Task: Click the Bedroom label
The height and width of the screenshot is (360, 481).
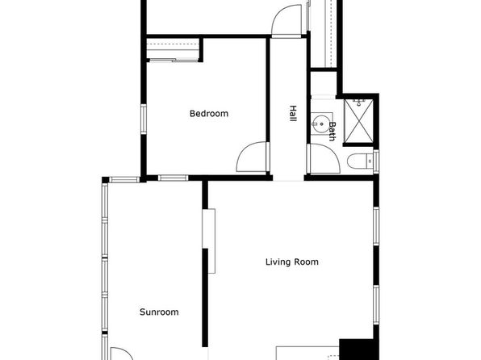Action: tap(209, 114)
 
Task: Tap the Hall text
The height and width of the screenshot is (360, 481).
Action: tap(293, 113)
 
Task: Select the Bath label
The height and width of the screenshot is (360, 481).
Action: tap(332, 131)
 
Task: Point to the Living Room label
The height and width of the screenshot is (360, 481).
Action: tap(291, 262)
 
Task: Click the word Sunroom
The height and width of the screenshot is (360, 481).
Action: tap(159, 312)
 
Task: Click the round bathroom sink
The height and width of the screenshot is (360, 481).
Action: tap(321, 123)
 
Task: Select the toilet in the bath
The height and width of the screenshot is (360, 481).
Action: tap(360, 161)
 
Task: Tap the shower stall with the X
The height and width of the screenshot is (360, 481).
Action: tap(358, 121)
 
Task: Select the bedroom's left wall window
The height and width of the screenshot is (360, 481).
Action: tap(144, 119)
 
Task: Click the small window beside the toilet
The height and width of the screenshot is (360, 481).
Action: tap(376, 161)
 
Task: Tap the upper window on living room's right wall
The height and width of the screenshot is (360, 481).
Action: tap(376, 226)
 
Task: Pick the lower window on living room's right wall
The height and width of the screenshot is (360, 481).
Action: tap(376, 304)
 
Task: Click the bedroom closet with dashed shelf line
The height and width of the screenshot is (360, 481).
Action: tap(173, 48)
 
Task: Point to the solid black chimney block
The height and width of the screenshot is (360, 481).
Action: tap(358, 350)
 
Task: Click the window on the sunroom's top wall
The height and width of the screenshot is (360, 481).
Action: tap(124, 179)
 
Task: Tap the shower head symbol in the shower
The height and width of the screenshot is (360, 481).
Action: tap(358, 103)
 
